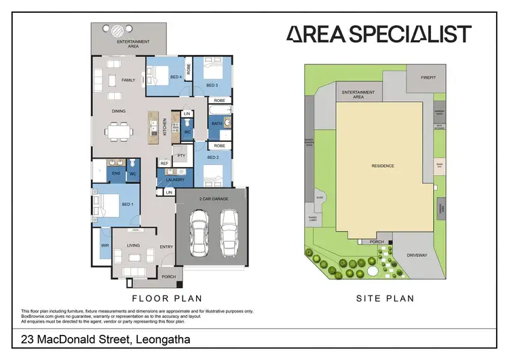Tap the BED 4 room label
(x=175, y=77)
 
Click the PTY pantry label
(x=181, y=156)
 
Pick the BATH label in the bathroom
(x=216, y=124)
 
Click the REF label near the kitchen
(x=164, y=164)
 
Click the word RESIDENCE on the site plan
(x=383, y=166)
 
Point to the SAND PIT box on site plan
(x=440, y=165)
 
